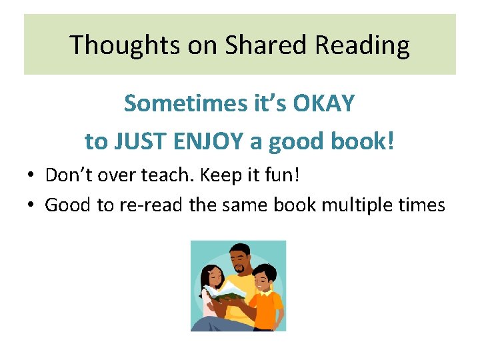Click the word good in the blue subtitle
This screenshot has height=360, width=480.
click(301, 141)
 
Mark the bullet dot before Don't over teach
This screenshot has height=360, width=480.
click(31, 176)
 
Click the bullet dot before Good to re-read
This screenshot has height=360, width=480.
click(31, 205)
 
